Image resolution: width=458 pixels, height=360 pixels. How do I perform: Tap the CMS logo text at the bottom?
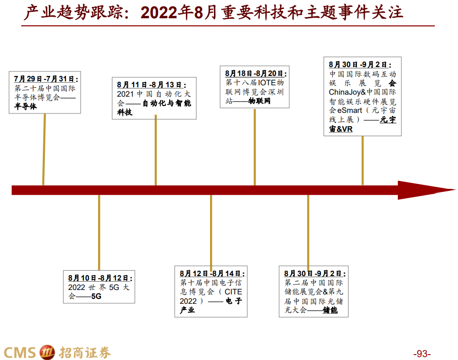[x=20, y=352]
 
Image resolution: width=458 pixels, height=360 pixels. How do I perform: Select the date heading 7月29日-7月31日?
[x=46, y=79]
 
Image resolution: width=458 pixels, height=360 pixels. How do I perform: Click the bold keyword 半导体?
[x=26, y=106]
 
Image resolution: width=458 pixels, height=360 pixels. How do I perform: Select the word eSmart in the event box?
[x=350, y=110]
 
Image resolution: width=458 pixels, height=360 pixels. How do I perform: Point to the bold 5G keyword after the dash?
[x=96, y=296]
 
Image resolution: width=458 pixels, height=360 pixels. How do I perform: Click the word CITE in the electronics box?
[x=234, y=292]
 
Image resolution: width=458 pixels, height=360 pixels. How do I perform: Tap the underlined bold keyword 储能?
[x=330, y=310]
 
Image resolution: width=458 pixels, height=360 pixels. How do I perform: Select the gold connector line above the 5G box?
[x=99, y=232]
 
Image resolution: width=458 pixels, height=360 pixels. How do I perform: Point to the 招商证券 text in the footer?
[x=85, y=352]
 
